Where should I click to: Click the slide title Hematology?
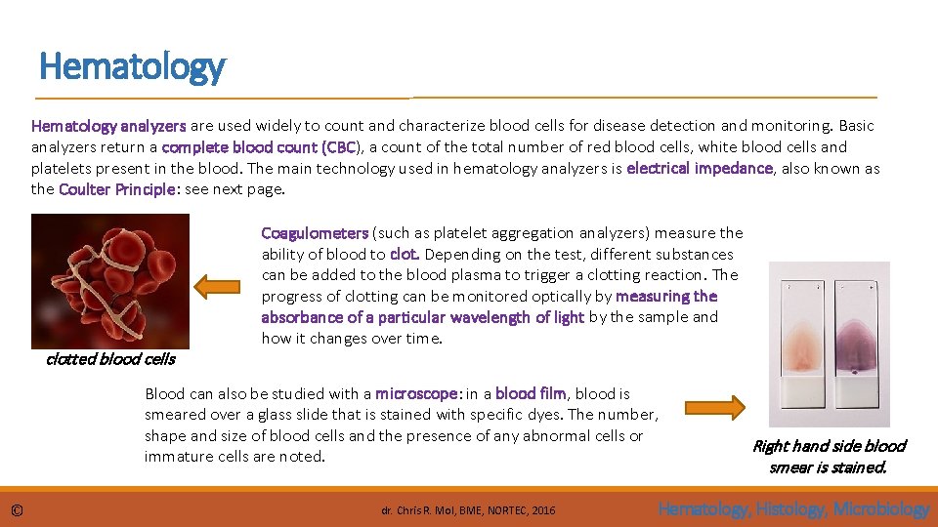[132, 66]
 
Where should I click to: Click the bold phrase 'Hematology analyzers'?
[108, 126]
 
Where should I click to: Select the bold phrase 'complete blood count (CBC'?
[259, 147]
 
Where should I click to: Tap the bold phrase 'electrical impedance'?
[700, 169]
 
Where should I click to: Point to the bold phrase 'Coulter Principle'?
[117, 189]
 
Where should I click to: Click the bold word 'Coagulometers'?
[315, 233]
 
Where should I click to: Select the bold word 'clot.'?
[405, 255]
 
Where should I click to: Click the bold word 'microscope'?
[416, 394]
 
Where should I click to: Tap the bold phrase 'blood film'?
[531, 394]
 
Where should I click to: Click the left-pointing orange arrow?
[217, 287]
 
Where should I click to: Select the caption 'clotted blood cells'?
[110, 359]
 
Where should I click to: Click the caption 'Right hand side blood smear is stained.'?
[829, 456]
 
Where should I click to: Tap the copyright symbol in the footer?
[16, 509]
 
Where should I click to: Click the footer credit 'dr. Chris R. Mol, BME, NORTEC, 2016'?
[468, 510]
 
